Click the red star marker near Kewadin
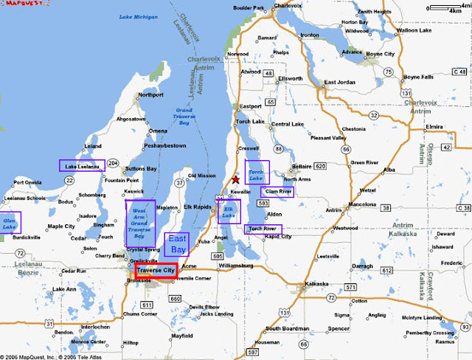coord(235,179)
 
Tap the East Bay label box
coord(177,245)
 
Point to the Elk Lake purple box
coord(229,211)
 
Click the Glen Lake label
coord(10,223)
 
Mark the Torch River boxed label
coord(264,229)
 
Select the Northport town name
coord(150,95)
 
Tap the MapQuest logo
coord(21,4)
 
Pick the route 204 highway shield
coord(113,162)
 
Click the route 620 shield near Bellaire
coord(319,167)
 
